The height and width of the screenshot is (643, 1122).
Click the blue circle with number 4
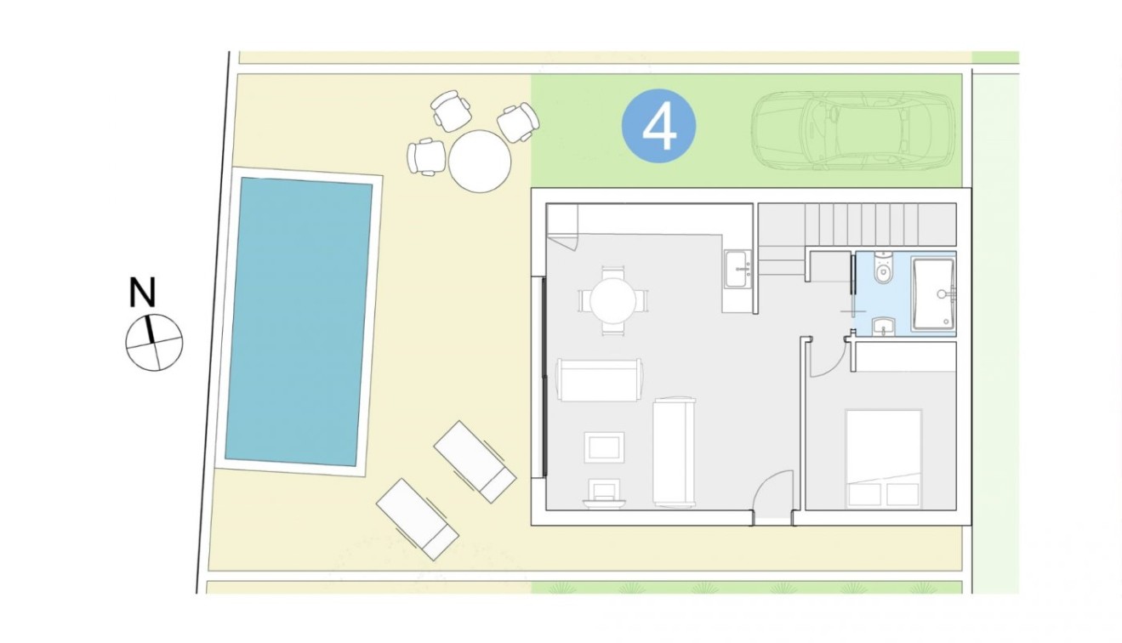[659, 127]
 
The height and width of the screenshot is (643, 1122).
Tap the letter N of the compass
[142, 293]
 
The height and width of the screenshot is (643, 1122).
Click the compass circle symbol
[154, 343]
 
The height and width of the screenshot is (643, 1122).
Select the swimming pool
[298, 321]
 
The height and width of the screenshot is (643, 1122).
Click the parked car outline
[853, 130]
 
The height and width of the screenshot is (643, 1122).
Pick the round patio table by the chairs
[480, 161]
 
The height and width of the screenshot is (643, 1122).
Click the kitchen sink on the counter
[738, 270]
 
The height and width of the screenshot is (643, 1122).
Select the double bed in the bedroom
[883, 458]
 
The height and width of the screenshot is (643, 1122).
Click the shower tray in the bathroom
[933, 293]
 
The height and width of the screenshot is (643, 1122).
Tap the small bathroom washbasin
[884, 326]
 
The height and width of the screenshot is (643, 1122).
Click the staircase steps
[859, 225]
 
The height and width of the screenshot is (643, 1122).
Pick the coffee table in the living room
[604, 447]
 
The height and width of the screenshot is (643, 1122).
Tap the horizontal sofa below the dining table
[599, 380]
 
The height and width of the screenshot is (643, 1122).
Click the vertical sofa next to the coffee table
[674, 452]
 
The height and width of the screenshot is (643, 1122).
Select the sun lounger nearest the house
[475, 461]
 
